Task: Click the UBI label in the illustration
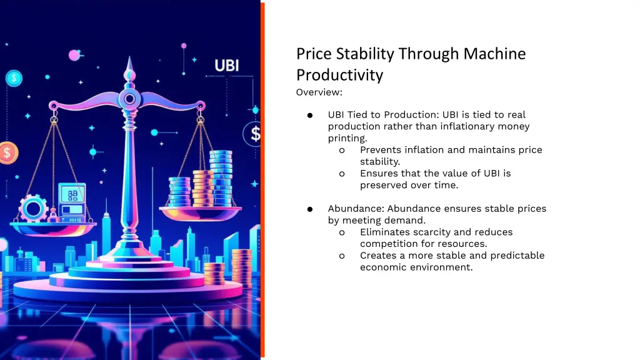coord(226,65)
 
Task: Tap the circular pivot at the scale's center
coord(129,97)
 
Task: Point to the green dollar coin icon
coord(14,78)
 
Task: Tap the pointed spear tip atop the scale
coord(129,62)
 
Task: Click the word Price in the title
coord(314,54)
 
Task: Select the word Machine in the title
coord(494,54)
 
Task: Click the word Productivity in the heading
coord(339,75)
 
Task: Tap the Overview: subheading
coord(319,92)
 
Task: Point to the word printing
coord(347,138)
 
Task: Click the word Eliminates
coord(386,232)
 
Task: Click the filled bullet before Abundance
coord(309,209)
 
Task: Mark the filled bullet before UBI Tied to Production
coord(309,115)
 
